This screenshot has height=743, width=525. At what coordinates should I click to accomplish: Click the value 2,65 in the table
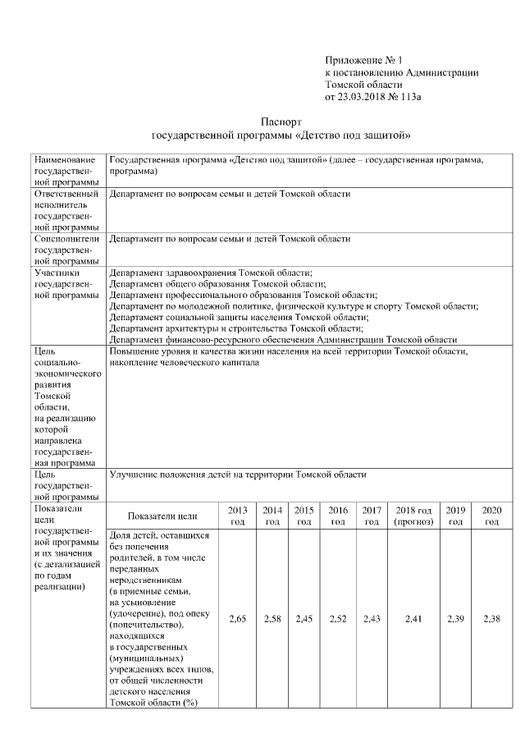pos(237,618)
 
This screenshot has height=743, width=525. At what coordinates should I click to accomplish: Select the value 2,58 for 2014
pos(273,618)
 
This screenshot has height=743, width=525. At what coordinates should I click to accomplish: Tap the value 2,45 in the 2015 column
pos(304,618)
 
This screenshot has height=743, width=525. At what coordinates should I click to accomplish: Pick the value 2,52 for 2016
pos(337,618)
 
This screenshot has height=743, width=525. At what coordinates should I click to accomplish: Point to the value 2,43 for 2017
pos(372,618)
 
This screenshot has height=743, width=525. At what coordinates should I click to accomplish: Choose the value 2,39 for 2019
pos(456,618)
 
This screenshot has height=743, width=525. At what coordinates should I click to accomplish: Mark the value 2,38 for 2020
pos(492,618)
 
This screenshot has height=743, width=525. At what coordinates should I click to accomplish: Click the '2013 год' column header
pos(237,516)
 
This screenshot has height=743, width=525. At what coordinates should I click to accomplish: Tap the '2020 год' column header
pos(492,516)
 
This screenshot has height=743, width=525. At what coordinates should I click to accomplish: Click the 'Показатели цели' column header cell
pos(162,516)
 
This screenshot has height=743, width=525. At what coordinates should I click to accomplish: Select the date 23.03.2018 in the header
pos(362,97)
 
